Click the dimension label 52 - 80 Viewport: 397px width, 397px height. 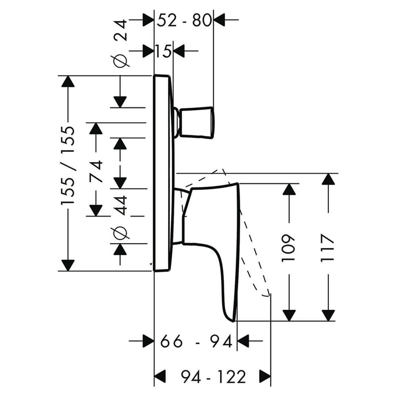184,20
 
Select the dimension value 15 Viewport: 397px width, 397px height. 164,51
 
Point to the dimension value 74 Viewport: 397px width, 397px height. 96,171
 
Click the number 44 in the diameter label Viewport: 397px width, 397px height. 120,205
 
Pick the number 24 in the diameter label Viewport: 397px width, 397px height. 120,31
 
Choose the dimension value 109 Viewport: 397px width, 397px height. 289,248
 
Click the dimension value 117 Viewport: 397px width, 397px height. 328,248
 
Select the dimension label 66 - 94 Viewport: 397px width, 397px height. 196,341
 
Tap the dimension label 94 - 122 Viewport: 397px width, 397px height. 213,377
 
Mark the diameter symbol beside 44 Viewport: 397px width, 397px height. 120,233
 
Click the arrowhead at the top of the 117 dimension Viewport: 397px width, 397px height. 328,179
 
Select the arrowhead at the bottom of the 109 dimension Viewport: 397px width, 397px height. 289,315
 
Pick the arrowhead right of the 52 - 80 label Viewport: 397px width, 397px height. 219,19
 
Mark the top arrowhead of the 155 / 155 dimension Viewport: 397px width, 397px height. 68,81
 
